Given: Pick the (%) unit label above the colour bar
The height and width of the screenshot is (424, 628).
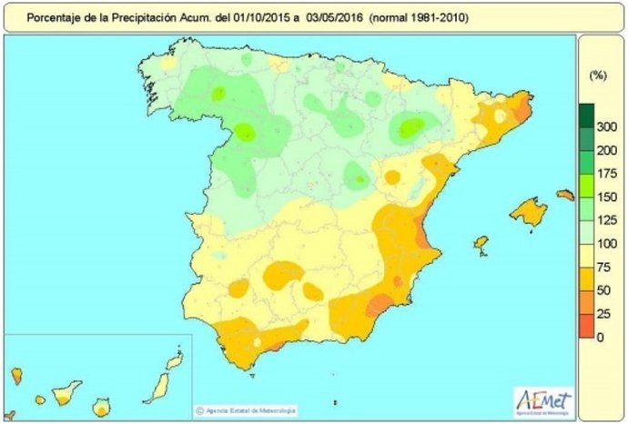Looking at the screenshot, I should tap(598, 73).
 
